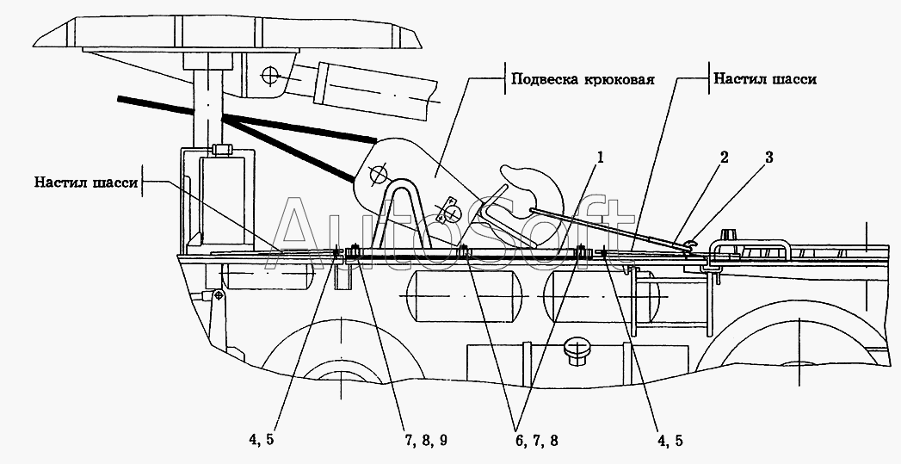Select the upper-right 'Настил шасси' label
(764, 78)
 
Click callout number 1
(601, 158)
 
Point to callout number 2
(724, 158)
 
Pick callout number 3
(768, 158)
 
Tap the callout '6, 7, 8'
(535, 440)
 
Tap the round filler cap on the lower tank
(577, 350)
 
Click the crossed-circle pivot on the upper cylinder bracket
(272, 76)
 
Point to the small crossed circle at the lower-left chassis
(220, 295)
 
